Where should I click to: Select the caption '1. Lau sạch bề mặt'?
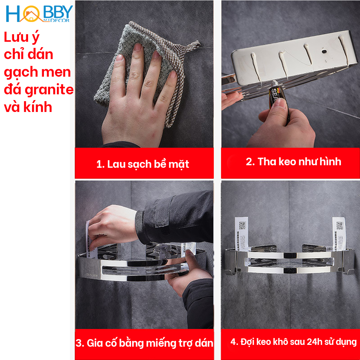(143, 165)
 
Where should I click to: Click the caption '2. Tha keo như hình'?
(293, 162)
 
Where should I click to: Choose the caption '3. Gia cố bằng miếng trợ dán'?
(144, 343)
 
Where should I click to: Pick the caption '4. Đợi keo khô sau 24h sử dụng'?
(293, 342)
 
